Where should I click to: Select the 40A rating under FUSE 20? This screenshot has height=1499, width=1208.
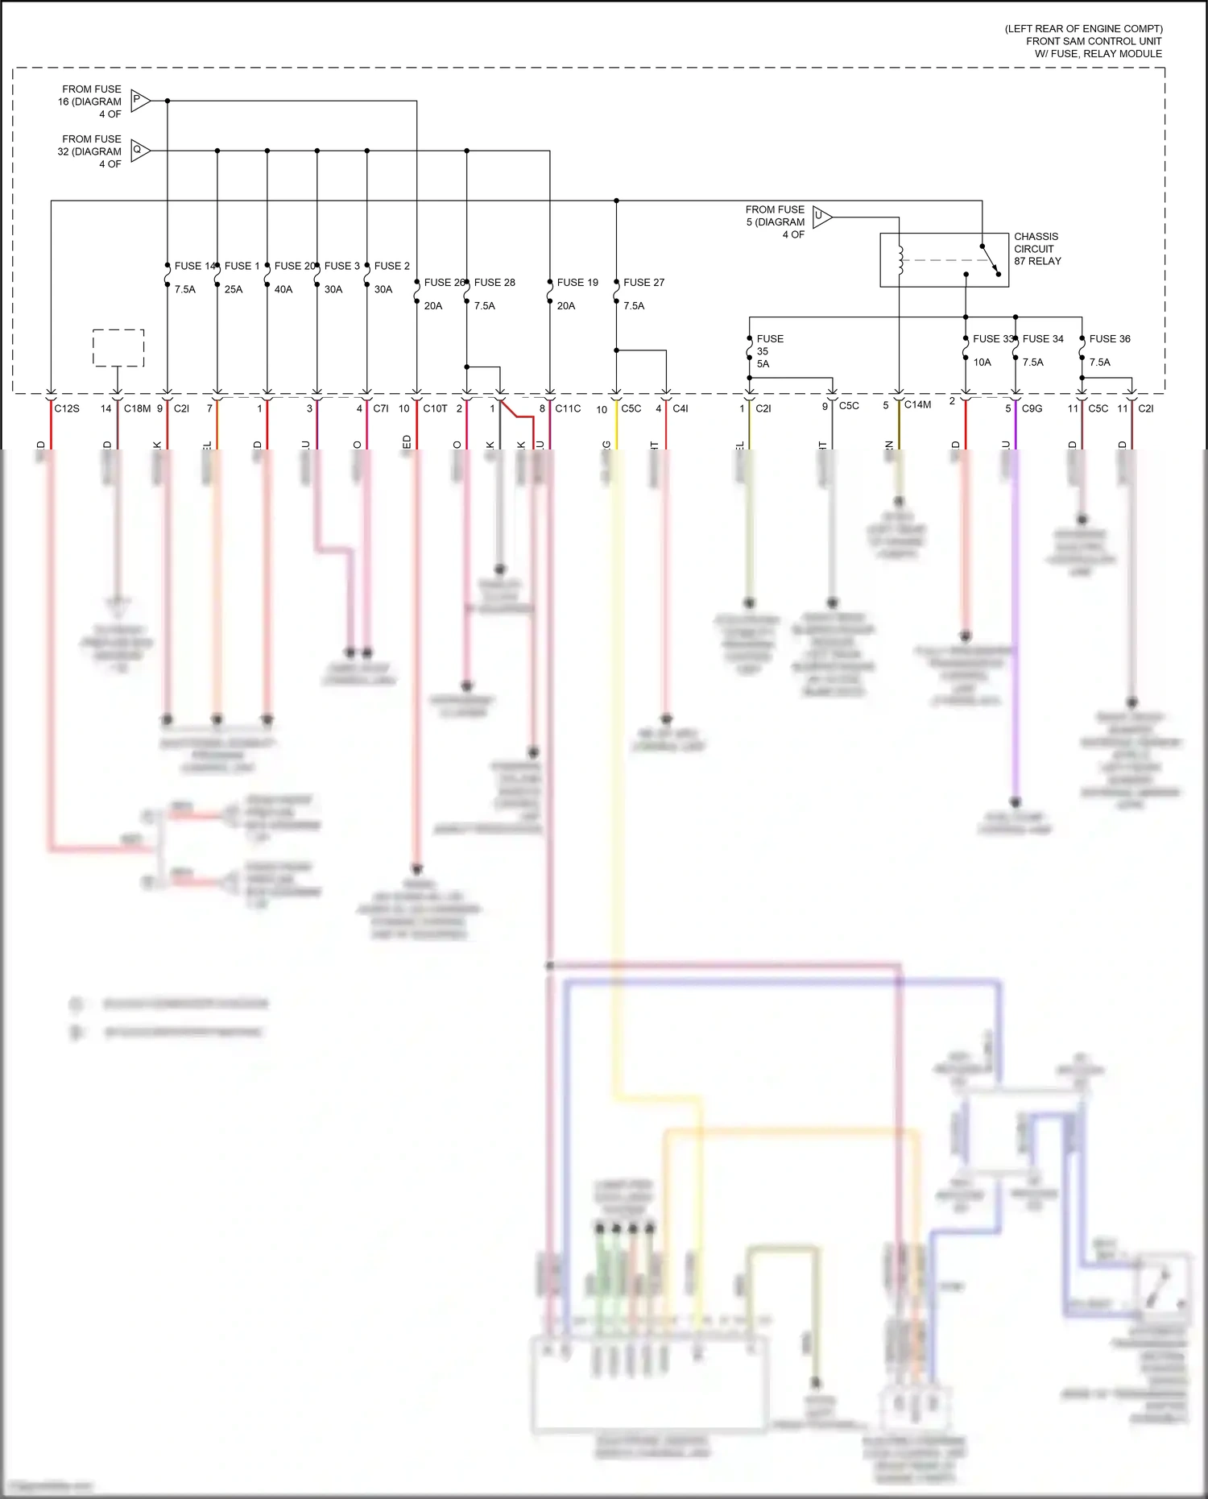pos(283,289)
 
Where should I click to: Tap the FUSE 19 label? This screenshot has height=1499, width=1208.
pos(577,283)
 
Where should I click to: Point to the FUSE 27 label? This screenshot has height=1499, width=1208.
pos(643,283)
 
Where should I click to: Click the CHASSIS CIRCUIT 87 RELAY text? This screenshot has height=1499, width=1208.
pos(1036,249)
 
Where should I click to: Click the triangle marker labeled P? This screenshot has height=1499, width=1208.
pos(139,101)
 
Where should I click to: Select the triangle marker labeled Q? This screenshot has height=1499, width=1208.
pos(139,151)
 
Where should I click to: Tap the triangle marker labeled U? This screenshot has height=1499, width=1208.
pos(821,216)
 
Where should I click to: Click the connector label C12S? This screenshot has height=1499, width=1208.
pos(67,408)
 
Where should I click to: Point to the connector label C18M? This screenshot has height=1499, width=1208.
pos(137,408)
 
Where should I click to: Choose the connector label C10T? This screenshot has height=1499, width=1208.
pos(435,408)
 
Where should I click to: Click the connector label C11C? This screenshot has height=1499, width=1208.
pos(568,408)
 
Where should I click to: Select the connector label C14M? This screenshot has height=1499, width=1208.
pos(917,404)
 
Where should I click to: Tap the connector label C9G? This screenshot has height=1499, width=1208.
pos(1032,408)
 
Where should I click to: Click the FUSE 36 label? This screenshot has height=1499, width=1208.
pos(1110,339)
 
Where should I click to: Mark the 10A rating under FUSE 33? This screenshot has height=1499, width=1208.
pos(982,362)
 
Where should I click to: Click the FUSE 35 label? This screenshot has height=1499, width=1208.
pos(769,345)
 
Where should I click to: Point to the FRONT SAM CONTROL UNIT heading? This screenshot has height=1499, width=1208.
pos(1094,41)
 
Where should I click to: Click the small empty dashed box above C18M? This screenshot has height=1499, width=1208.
pos(118,348)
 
